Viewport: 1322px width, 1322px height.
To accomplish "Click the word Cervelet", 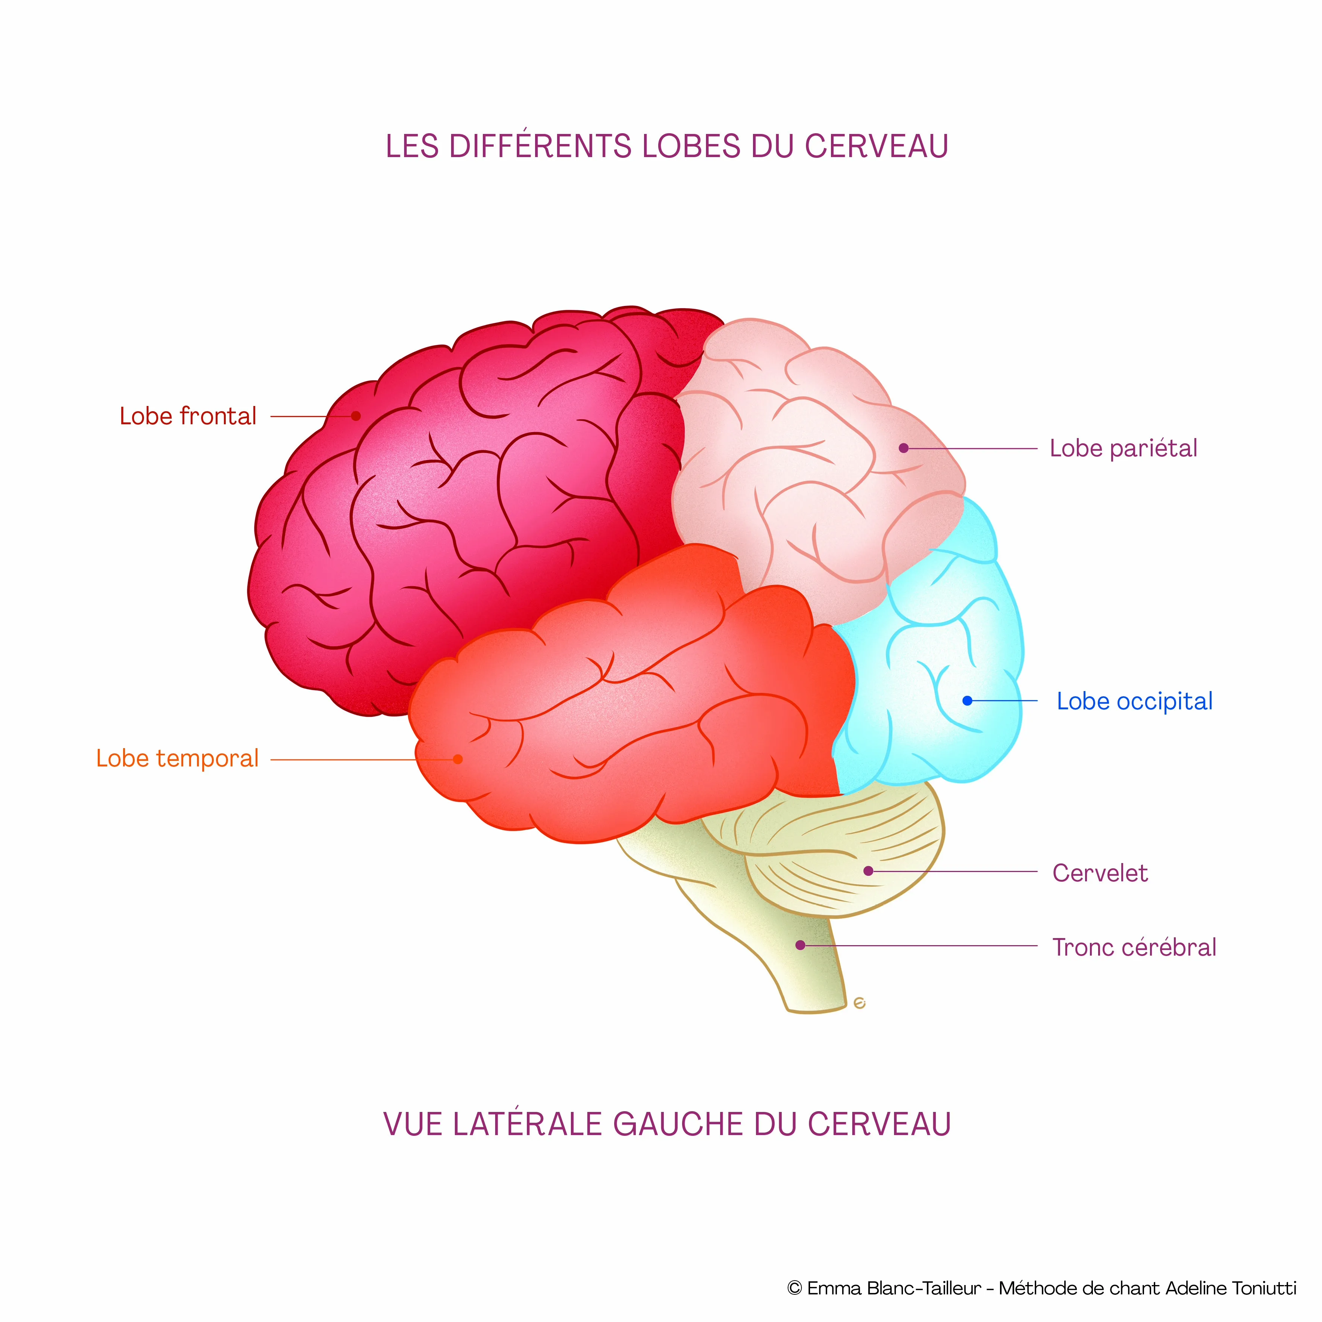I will pyautogui.click(x=1100, y=873).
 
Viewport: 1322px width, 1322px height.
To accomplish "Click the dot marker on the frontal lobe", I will pyautogui.click(x=356, y=416).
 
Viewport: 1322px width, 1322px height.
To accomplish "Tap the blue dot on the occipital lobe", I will pyautogui.click(x=967, y=701).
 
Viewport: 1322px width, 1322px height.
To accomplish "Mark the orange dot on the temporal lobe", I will pyautogui.click(x=458, y=759).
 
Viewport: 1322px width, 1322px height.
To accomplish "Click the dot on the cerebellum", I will pyautogui.click(x=868, y=871).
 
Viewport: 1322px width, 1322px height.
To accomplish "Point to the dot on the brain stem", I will pyautogui.click(x=800, y=946).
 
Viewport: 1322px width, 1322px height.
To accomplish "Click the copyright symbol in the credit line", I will pyautogui.click(x=794, y=1288).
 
